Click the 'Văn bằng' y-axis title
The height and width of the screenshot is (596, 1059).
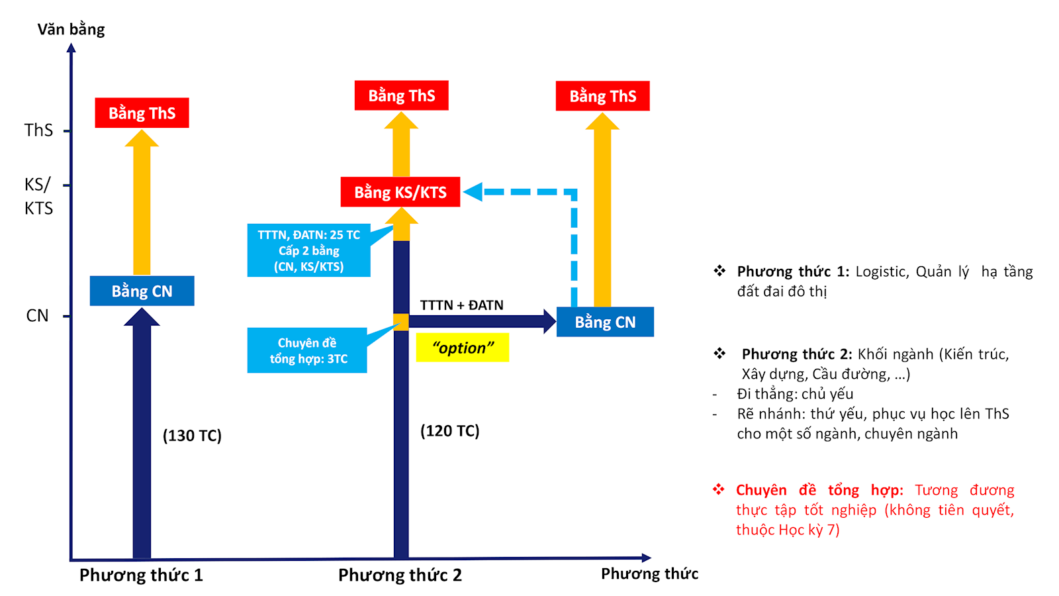(x=71, y=30)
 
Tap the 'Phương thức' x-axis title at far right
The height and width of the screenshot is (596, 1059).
(x=649, y=573)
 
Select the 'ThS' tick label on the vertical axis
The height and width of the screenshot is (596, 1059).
(x=38, y=130)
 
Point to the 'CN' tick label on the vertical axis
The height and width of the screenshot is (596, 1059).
(x=37, y=316)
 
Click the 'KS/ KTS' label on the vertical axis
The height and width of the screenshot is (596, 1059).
(x=38, y=196)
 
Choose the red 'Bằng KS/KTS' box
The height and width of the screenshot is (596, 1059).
(x=400, y=192)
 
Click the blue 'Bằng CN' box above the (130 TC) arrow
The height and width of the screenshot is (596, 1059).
(x=142, y=291)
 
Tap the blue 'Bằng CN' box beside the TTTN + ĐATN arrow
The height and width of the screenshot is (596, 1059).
(x=605, y=322)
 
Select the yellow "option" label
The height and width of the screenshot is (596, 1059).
(x=463, y=348)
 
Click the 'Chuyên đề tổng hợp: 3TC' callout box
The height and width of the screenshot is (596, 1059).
(x=307, y=350)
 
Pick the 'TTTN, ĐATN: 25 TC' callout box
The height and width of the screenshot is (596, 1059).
(x=308, y=250)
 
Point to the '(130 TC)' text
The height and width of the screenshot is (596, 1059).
(x=192, y=436)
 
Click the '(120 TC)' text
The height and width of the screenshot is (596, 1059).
(x=450, y=431)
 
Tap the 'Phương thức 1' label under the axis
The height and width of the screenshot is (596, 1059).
(x=141, y=575)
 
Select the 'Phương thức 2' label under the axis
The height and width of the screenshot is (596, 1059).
(x=400, y=575)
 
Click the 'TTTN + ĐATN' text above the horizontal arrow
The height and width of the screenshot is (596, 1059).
(x=461, y=305)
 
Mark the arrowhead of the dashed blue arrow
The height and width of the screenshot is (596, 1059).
(x=473, y=192)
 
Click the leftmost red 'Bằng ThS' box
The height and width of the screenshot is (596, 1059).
(x=142, y=113)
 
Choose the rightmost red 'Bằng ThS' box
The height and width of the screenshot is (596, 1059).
(x=602, y=96)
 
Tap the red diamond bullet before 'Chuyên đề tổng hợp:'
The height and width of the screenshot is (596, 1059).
(x=718, y=490)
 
